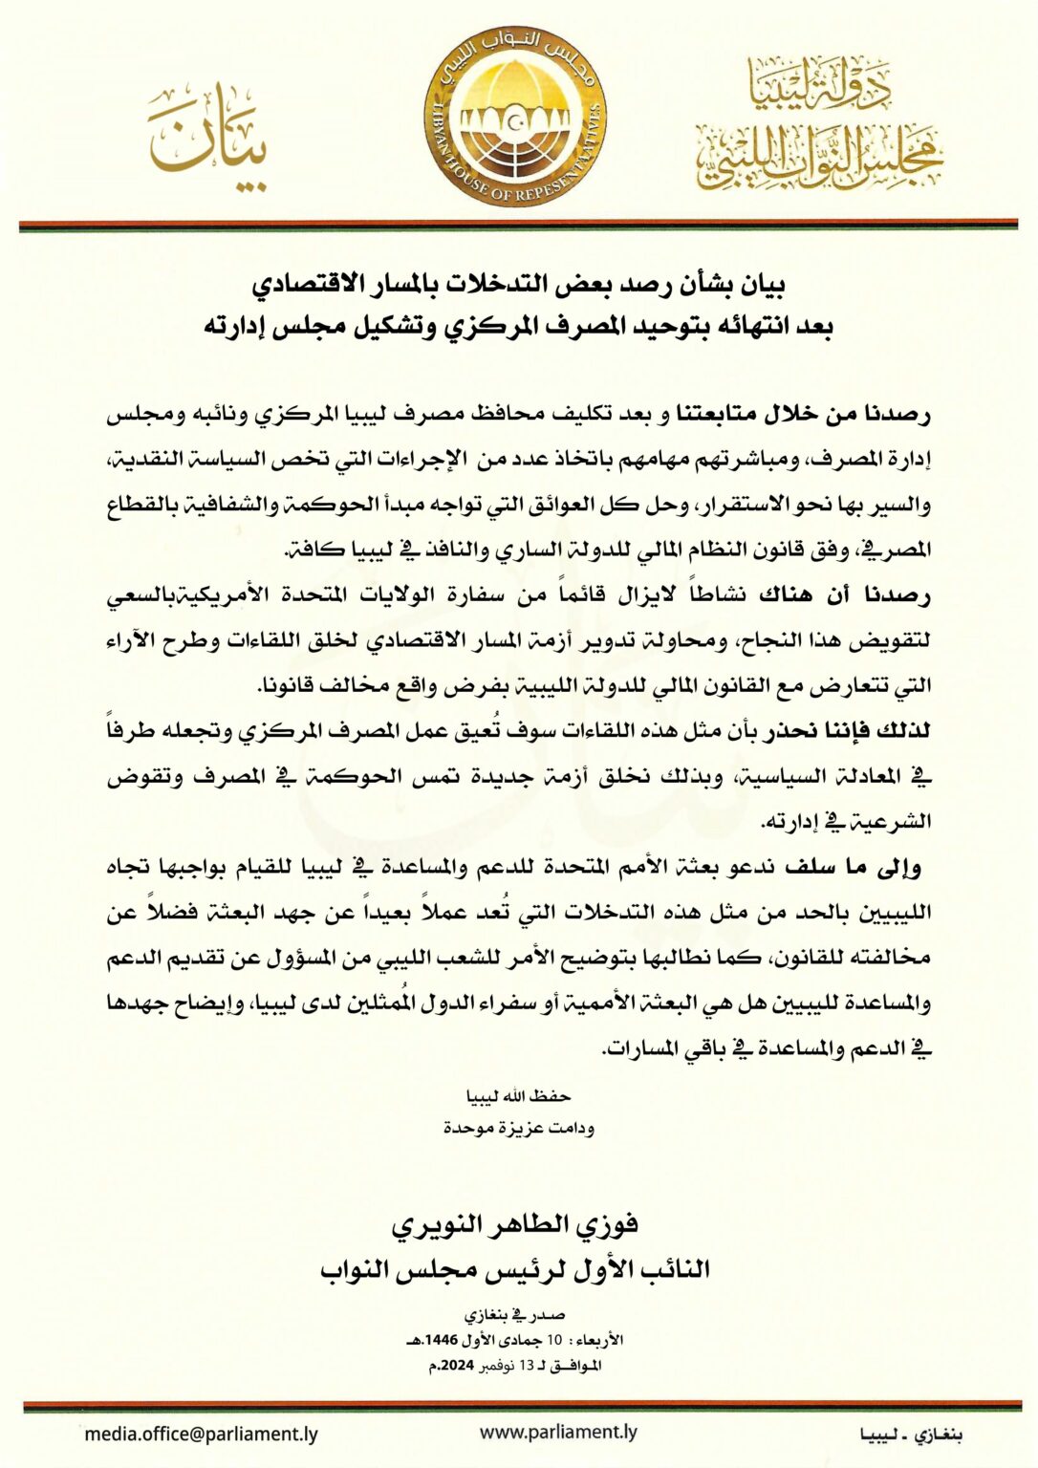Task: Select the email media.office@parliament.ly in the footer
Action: [201, 1434]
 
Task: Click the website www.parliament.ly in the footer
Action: [558, 1432]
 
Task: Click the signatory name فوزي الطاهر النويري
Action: [516, 1224]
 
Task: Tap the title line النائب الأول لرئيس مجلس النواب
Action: [516, 1269]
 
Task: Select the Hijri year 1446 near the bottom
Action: [478, 1340]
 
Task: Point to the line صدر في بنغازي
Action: [516, 1316]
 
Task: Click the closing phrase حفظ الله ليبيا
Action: [517, 1095]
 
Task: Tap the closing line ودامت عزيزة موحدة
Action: [518, 1128]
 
